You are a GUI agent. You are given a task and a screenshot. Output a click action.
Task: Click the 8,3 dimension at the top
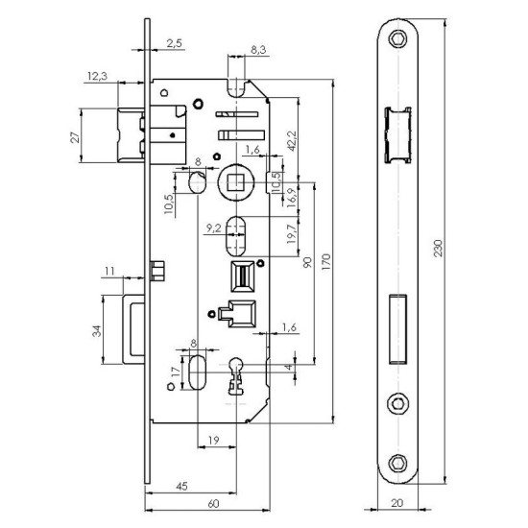(x=258, y=47)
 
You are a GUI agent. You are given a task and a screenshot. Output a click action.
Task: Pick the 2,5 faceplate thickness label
(x=176, y=43)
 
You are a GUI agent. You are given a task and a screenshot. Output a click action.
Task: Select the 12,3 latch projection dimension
(x=96, y=75)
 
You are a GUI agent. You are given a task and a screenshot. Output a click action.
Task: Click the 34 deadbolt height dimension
(x=96, y=331)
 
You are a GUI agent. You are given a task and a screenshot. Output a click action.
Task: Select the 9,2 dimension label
(x=215, y=228)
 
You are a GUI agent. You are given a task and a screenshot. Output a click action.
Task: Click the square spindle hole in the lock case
(x=235, y=180)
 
